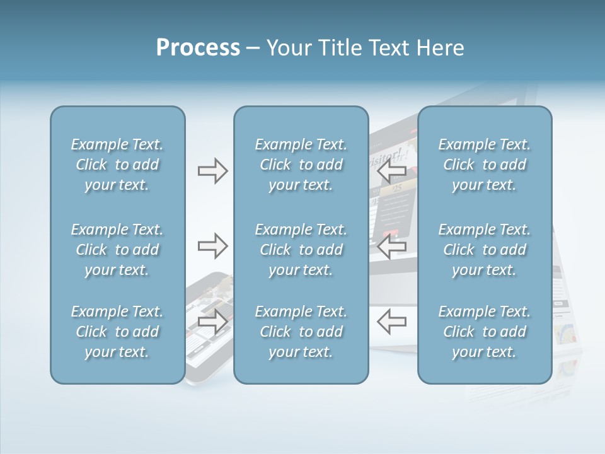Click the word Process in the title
tap(198, 48)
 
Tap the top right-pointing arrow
tap(212, 171)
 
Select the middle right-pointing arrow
tap(212, 246)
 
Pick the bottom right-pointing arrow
tap(212, 322)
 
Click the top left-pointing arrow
tap(391, 171)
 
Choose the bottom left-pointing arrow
tap(391, 322)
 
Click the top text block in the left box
tap(117, 165)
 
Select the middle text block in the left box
tap(117, 250)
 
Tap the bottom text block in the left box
tap(117, 332)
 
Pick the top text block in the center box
tap(301, 165)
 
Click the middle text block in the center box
tap(301, 250)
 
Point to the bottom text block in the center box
tap(301, 332)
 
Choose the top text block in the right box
tap(484, 165)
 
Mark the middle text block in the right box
tap(484, 250)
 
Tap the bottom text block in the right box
tap(484, 332)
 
